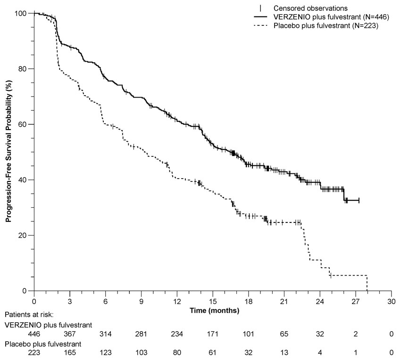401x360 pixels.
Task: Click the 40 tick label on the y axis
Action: click(23, 180)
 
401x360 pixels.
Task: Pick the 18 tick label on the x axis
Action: click(248, 301)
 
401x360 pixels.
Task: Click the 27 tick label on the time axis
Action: click(355, 301)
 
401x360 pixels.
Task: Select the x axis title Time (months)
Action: click(213, 311)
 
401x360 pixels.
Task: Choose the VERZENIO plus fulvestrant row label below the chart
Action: click(48, 324)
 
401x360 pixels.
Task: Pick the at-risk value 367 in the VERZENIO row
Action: click(69, 334)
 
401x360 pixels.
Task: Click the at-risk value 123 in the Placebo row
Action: click(105, 354)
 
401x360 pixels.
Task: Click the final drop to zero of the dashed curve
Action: click(367, 283)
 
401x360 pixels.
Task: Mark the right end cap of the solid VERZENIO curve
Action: click(359, 201)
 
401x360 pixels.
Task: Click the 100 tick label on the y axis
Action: click(21, 13)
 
